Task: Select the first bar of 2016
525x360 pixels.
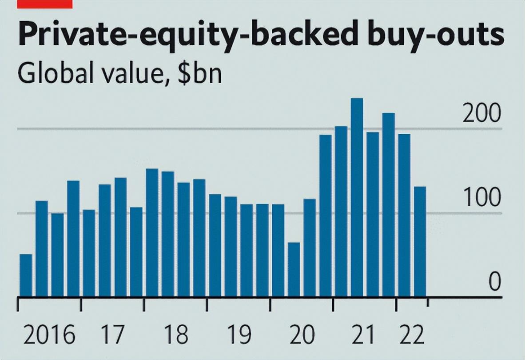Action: [x=26, y=275]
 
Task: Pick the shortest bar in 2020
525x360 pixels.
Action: [x=294, y=269]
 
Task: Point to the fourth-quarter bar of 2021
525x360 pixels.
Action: [x=388, y=205]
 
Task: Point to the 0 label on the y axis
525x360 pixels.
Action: [x=494, y=282]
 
